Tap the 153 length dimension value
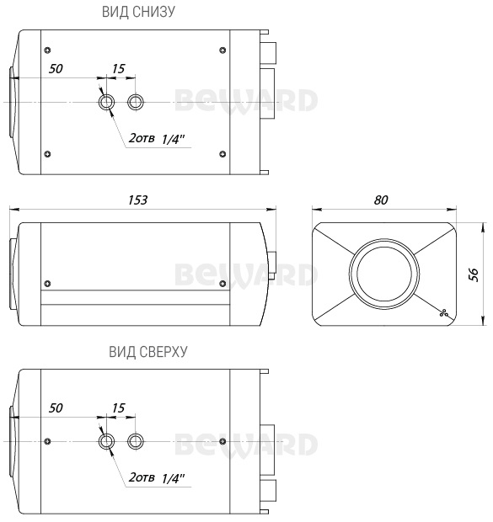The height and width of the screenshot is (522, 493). [x=137, y=200]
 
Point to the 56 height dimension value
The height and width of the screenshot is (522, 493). [x=474, y=274]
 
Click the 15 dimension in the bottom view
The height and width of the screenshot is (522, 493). [x=119, y=68]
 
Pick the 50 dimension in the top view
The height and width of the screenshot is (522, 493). [x=56, y=407]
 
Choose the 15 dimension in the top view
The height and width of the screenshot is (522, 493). [x=118, y=407]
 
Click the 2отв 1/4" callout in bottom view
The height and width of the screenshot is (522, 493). [x=158, y=138]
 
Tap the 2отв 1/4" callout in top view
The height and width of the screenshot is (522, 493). [x=158, y=477]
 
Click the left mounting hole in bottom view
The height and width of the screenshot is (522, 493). [x=106, y=102]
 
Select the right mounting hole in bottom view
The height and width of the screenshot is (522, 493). [x=135, y=102]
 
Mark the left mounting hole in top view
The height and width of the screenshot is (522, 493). [x=106, y=441]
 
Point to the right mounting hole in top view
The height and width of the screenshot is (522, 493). [x=135, y=441]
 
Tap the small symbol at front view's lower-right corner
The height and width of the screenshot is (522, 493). [x=442, y=312]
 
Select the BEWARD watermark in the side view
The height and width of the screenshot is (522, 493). [x=247, y=274]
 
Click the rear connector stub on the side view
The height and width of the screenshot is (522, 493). [x=271, y=258]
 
